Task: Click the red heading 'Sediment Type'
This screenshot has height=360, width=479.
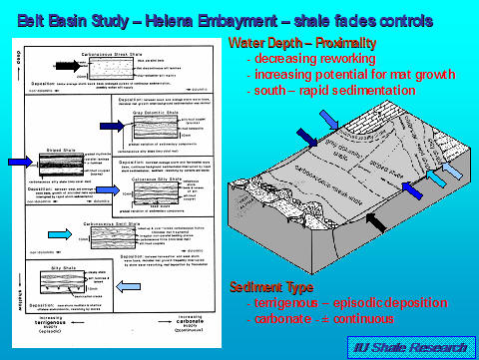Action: (x=270, y=257)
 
